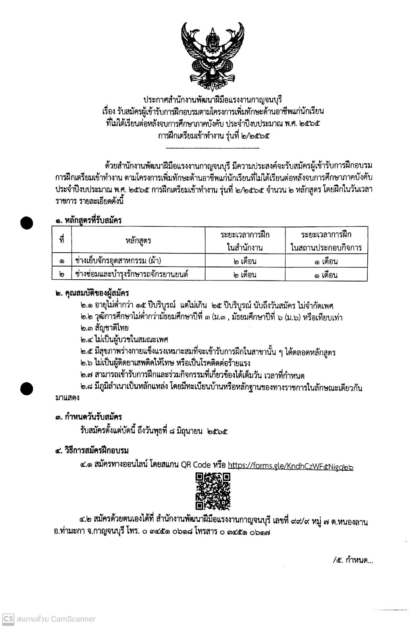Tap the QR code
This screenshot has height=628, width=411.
213,491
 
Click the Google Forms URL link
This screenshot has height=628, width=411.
291,466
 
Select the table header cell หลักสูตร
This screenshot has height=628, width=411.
138,240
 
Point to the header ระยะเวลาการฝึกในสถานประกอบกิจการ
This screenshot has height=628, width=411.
326,240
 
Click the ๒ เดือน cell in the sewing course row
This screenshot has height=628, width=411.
245,261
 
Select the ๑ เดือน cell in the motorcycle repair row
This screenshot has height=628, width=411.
326,274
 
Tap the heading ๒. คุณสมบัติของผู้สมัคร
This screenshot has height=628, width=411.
92,294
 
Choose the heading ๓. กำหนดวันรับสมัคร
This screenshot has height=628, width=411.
88,417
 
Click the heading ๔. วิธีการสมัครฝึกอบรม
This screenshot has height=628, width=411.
92,451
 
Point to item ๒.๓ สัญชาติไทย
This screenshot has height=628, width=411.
104,328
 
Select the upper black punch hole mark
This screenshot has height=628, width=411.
27,223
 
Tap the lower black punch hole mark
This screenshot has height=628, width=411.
27,388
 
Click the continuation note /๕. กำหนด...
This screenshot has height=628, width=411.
353,560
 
